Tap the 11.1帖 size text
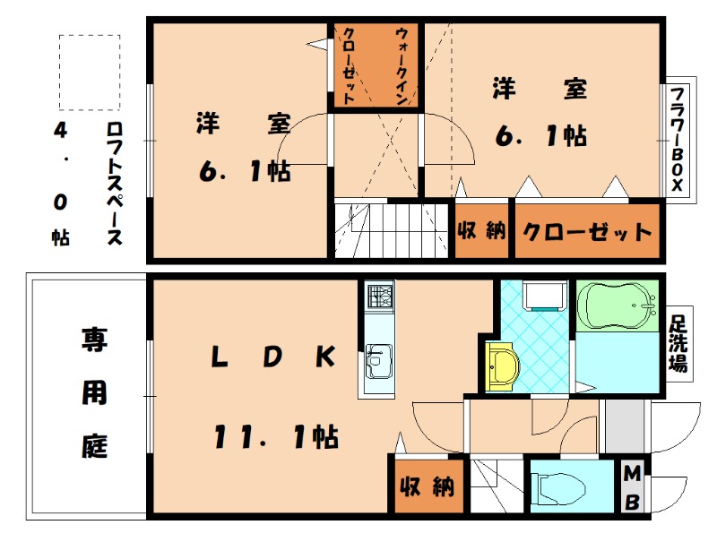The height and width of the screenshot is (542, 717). [x=274, y=437]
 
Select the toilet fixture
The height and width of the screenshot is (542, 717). [x=559, y=489]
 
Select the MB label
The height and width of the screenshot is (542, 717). [x=633, y=487]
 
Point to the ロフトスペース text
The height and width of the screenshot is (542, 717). [x=114, y=185]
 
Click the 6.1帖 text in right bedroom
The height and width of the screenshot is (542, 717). [x=541, y=136]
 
